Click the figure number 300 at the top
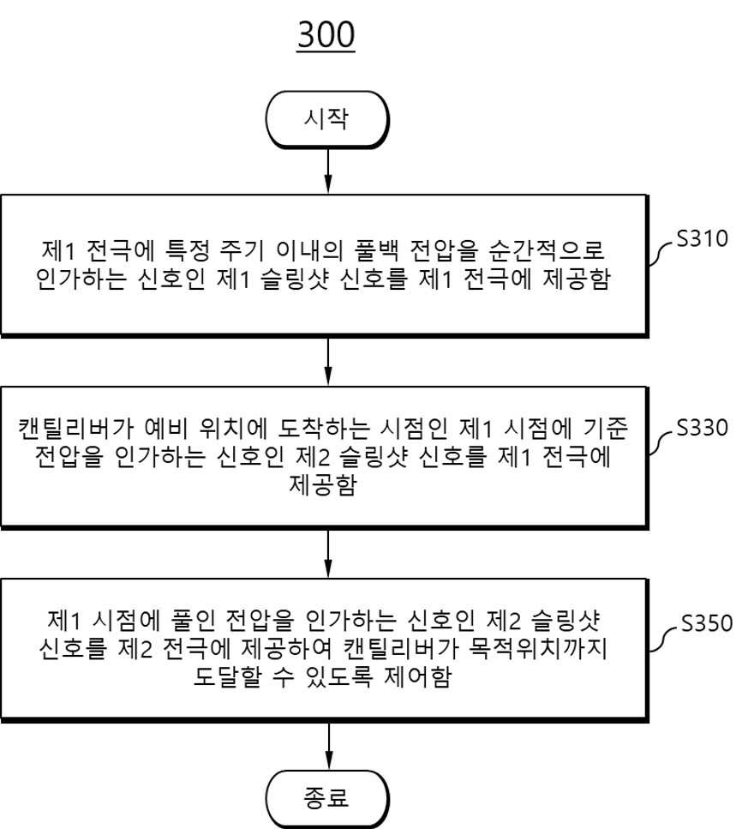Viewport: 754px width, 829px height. [x=326, y=35]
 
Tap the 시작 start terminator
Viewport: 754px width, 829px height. [x=327, y=119]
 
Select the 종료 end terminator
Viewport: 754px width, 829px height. [x=327, y=798]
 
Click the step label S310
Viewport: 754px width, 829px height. [x=703, y=239]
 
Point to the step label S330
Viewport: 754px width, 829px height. [x=703, y=428]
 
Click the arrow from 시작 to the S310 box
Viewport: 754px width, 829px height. [x=328, y=171]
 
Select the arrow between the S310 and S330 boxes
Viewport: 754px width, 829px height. [x=328, y=362]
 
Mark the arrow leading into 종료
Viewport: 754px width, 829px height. [x=329, y=746]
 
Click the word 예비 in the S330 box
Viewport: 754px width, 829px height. [x=166, y=429]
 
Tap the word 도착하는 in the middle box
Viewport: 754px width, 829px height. [x=324, y=429]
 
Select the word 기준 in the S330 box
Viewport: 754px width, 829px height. [x=606, y=429]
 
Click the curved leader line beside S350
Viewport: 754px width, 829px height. [x=662, y=639]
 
